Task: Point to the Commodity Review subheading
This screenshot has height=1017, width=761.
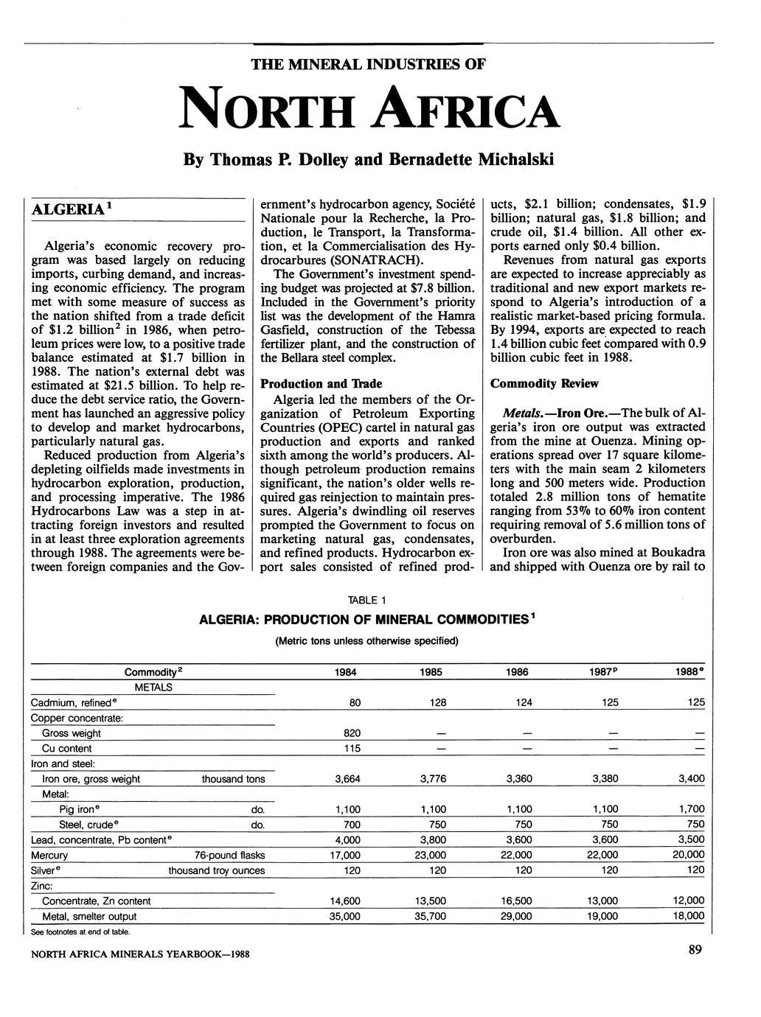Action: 544,384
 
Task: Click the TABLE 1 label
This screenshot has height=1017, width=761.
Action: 366,599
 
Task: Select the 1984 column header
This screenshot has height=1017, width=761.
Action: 355,672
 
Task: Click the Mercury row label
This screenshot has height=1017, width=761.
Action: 49,856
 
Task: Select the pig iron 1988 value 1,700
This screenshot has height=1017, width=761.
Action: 690,809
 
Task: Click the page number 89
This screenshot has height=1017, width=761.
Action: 695,951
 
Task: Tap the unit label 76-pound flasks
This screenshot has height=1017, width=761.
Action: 229,856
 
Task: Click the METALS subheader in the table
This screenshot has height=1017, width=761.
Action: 153,688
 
